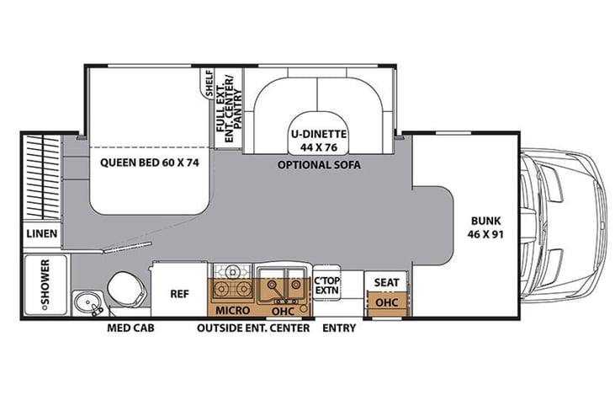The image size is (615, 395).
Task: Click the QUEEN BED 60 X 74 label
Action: (150, 163)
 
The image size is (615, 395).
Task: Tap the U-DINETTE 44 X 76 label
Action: (319, 141)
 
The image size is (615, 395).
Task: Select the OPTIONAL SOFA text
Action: (319, 164)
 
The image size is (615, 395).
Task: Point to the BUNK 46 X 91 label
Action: (485, 227)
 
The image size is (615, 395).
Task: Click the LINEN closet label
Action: (42, 233)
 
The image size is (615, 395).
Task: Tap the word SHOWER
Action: (45, 282)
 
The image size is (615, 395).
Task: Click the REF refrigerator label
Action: (180, 294)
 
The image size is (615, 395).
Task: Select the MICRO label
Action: (232, 311)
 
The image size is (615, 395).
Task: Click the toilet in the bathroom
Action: (127, 289)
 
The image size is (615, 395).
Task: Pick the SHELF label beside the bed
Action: (209, 83)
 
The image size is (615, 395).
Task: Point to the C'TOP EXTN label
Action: (327, 286)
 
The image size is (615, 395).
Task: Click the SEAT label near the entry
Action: (386, 282)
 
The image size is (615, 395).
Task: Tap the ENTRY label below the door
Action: (339, 328)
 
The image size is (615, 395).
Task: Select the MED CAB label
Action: (130, 328)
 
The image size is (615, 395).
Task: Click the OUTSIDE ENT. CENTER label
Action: (253, 328)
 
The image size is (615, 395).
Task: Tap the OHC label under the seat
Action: (386, 302)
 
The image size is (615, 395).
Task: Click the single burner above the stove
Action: (232, 271)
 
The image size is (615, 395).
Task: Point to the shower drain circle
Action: (45, 308)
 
